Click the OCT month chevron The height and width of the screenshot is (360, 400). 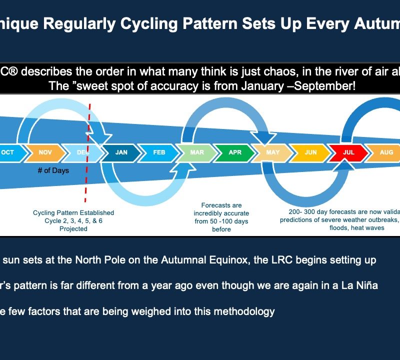[x=9, y=152]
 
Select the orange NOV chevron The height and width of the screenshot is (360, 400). [x=45, y=152]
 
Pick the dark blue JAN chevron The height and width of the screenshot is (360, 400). [x=121, y=152]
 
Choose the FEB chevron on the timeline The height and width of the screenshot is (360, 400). [x=159, y=152]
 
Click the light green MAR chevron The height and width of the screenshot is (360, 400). [x=197, y=152]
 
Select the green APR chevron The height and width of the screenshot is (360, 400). [x=235, y=152]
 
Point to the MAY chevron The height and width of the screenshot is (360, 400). [x=273, y=152]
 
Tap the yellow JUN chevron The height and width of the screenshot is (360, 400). [x=310, y=152]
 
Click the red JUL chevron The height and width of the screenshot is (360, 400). [x=348, y=152]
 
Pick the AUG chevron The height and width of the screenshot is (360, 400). [x=385, y=152]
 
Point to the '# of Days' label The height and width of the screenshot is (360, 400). [x=53, y=170]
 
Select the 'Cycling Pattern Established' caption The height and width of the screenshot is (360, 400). [x=73, y=213]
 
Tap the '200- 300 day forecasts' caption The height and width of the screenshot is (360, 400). [x=340, y=212]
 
